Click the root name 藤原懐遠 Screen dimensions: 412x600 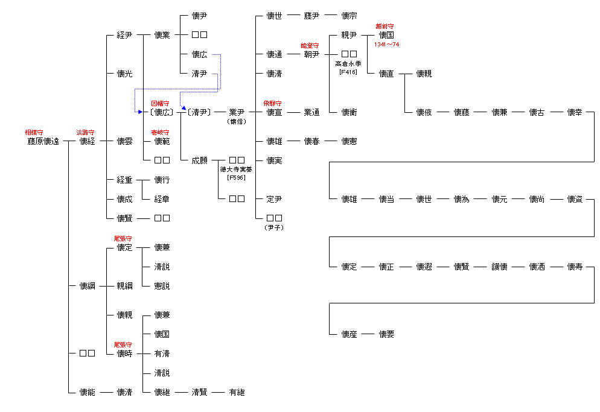[43, 141]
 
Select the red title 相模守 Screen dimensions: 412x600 [34, 132]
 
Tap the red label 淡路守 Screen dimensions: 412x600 [85, 132]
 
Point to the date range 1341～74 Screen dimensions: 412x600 [387, 45]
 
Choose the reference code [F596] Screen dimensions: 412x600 [237, 178]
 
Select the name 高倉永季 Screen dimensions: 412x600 [348, 64]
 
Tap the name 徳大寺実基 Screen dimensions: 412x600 [237, 170]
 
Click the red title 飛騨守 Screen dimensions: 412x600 [273, 103]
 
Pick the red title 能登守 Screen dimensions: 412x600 [310, 45]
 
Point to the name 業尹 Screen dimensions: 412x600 [237, 112]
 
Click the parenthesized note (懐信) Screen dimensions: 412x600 [237, 121]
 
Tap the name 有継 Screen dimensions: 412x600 [237, 392]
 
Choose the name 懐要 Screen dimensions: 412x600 [386, 334]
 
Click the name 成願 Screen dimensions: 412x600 [199, 160]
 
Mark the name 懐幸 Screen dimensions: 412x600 [575, 112]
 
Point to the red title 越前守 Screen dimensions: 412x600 [385, 26]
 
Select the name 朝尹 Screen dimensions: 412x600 [311, 54]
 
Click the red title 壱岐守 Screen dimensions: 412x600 [160, 132]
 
